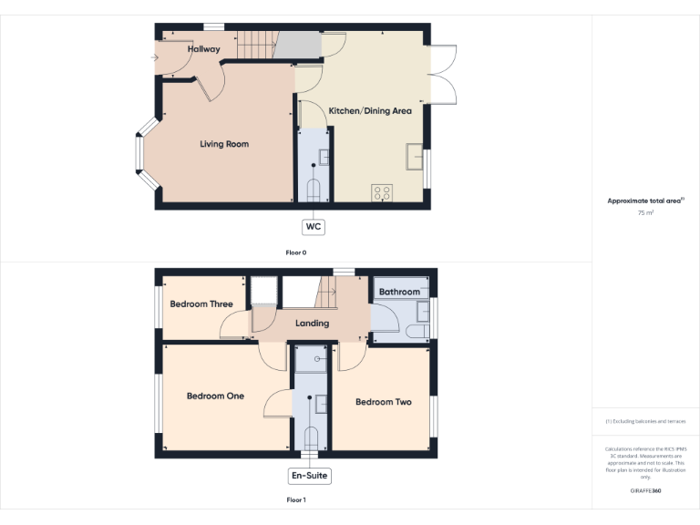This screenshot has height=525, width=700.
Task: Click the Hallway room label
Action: [x=204, y=49]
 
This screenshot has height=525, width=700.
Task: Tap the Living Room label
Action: [x=224, y=144]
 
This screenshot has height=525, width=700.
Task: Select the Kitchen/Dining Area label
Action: [x=370, y=111]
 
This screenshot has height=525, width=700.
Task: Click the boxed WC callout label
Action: [x=314, y=226]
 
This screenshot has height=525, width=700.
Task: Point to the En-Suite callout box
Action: [x=309, y=476]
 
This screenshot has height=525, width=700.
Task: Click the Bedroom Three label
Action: [x=201, y=304]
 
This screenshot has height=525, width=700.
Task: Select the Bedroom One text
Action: [x=215, y=396]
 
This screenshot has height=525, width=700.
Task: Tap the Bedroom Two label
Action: [x=384, y=402]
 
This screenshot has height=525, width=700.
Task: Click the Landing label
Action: [x=313, y=324]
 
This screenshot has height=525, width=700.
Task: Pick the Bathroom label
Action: [x=400, y=293]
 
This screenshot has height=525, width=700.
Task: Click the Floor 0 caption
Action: [x=295, y=252]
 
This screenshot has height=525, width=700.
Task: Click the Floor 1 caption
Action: [x=295, y=500]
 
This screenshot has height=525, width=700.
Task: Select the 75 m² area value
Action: [x=645, y=212]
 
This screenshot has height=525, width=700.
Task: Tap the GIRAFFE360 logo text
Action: [x=645, y=491]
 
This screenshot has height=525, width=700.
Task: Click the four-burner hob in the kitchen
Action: [x=382, y=192]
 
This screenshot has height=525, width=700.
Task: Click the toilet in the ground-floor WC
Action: [x=314, y=189]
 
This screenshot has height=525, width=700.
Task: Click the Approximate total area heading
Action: [x=645, y=201]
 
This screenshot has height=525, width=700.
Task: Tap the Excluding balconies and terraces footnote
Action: [x=645, y=421]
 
